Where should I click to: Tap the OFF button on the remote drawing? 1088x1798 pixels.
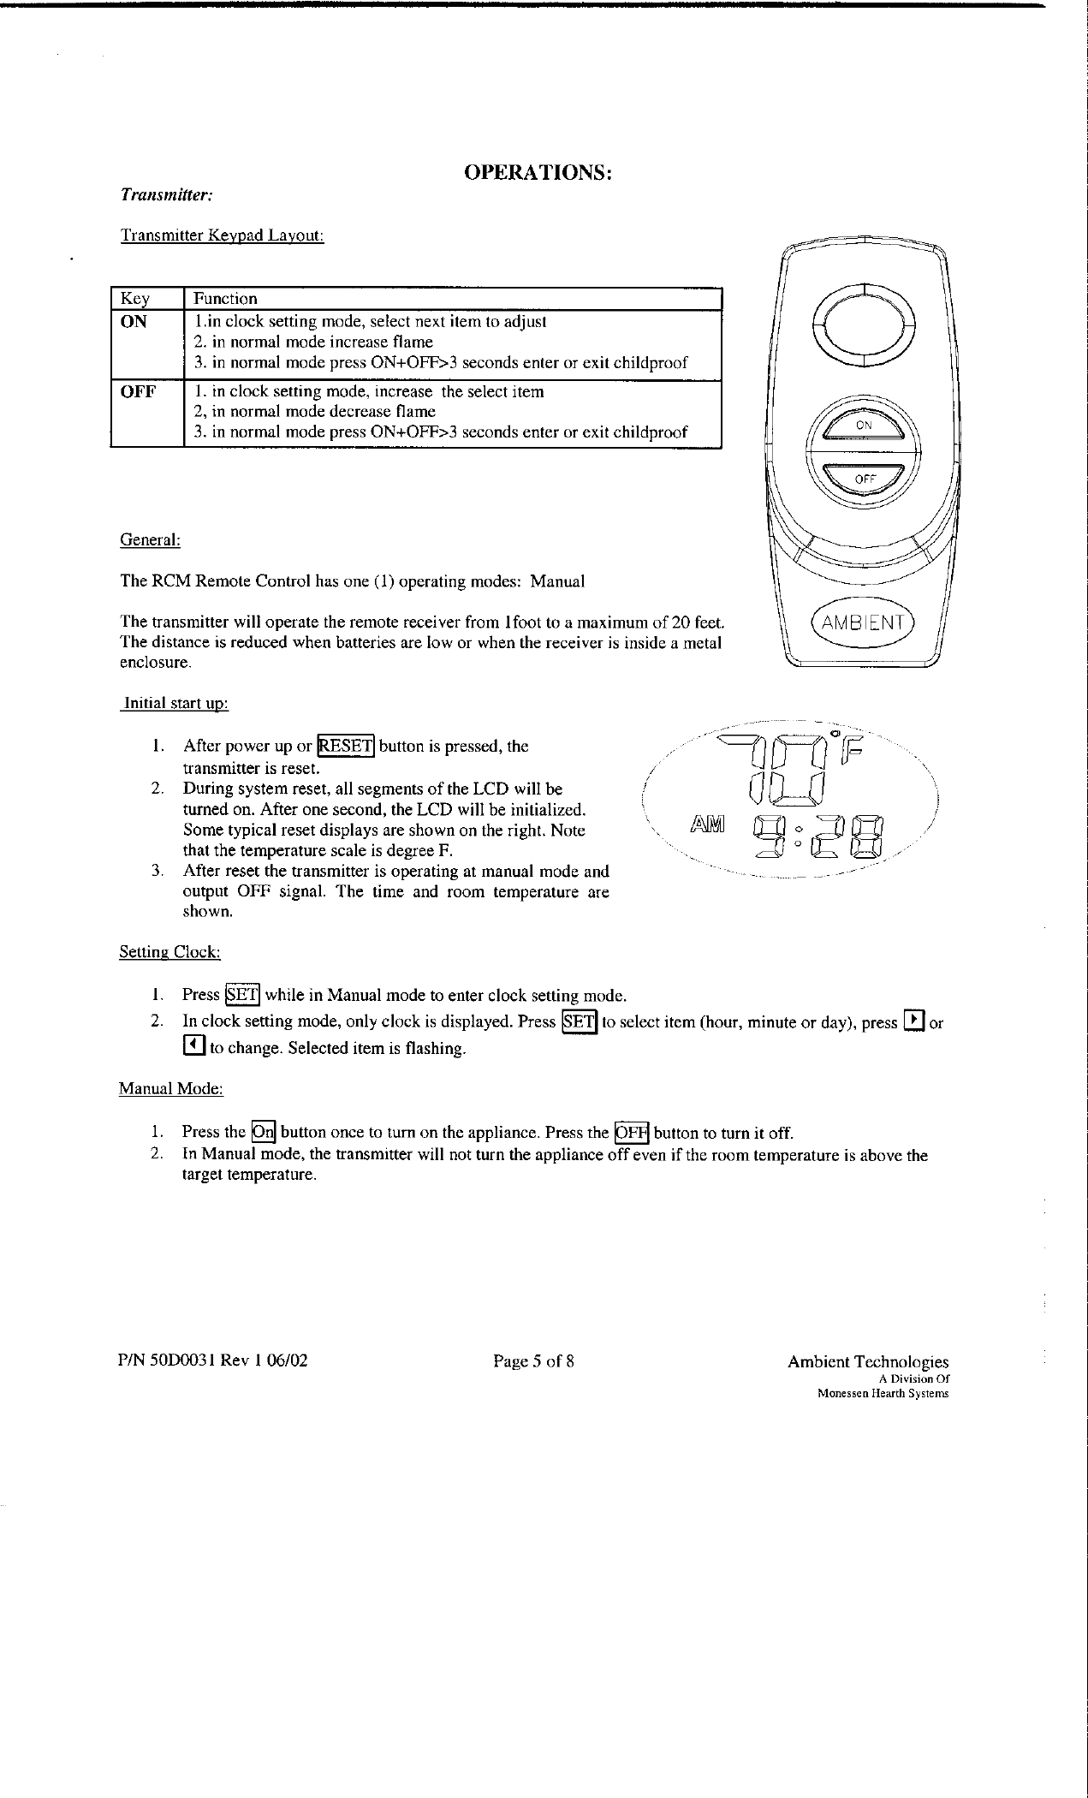864,479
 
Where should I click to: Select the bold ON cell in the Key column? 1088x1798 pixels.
134,322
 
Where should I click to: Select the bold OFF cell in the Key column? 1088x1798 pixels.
138,392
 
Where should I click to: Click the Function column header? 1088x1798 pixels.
225,299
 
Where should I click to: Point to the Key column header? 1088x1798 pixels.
135,299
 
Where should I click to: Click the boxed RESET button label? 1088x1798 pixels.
346,746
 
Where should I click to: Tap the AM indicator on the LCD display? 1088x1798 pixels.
706,825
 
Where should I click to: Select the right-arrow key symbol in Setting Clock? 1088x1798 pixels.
915,1021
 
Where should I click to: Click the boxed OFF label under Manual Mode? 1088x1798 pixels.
633,1132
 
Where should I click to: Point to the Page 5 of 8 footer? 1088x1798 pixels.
533,1360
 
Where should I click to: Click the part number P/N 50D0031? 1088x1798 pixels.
168,1360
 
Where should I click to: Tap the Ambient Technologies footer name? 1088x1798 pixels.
867,1361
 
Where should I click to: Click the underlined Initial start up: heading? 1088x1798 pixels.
175,704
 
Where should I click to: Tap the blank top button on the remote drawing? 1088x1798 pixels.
864,324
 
